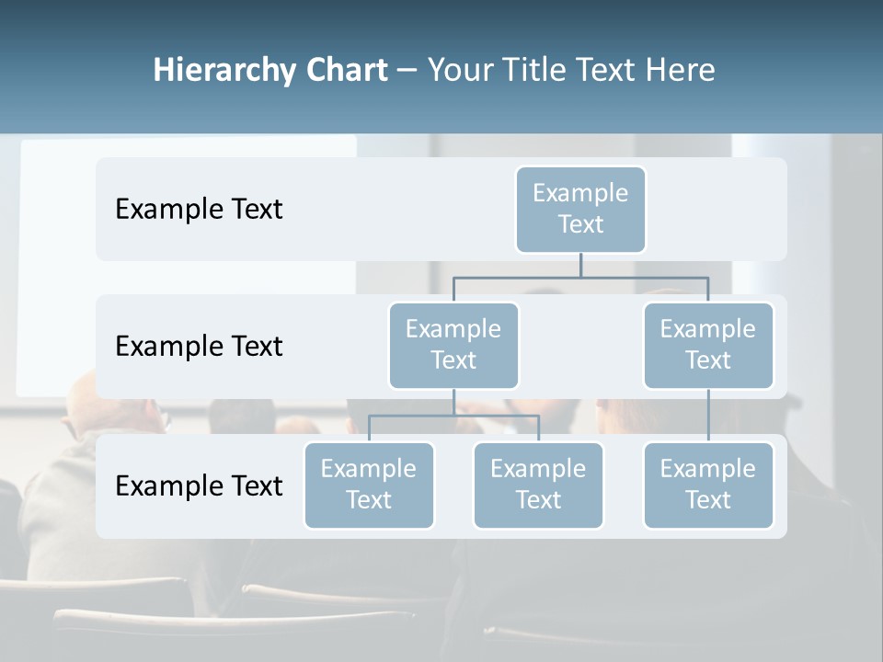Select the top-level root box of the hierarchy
pyautogui.click(x=580, y=210)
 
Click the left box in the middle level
pyautogui.click(x=453, y=346)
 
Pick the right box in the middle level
pyautogui.click(x=708, y=346)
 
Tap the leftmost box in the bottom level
pyautogui.click(x=369, y=485)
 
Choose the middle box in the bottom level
pyautogui.click(x=538, y=485)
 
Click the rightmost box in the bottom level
pyautogui.click(x=708, y=485)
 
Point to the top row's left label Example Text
pyautogui.click(x=199, y=210)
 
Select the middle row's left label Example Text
pyautogui.click(x=199, y=347)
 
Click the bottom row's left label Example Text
pyautogui.click(x=199, y=486)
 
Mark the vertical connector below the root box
pyautogui.click(x=580, y=265)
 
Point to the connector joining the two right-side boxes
pyautogui.click(x=708, y=416)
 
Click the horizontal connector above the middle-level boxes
pyautogui.click(x=580, y=277)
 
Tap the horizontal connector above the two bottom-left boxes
pyautogui.click(x=453, y=416)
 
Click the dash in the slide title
pyautogui.click(x=407, y=71)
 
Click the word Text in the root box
pyautogui.click(x=580, y=224)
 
